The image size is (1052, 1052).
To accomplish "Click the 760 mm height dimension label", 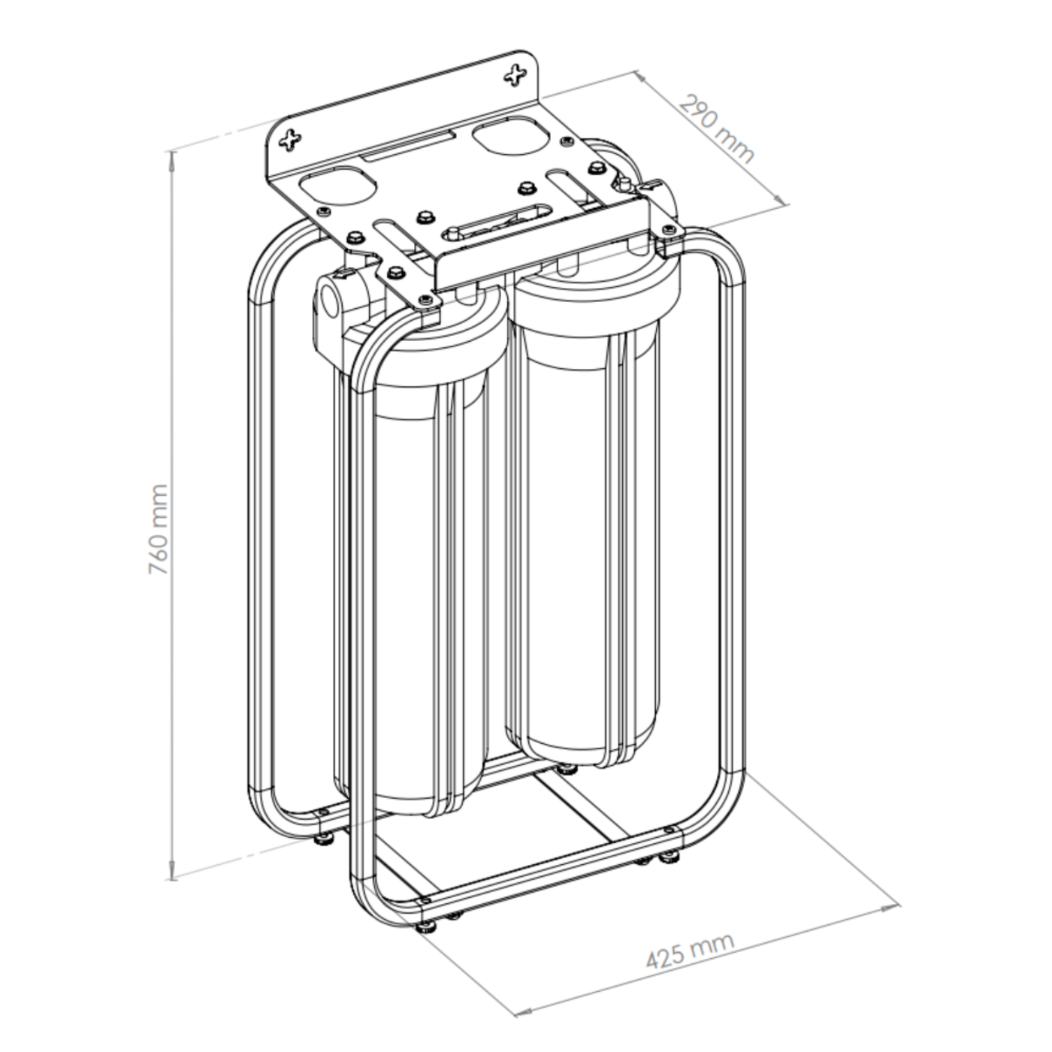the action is tap(159, 529).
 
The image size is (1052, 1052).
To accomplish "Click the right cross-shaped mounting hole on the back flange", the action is tap(515, 75).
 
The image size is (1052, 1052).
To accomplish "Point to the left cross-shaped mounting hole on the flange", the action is tap(289, 141).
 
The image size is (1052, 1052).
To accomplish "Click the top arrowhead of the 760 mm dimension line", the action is tap(173, 159).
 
